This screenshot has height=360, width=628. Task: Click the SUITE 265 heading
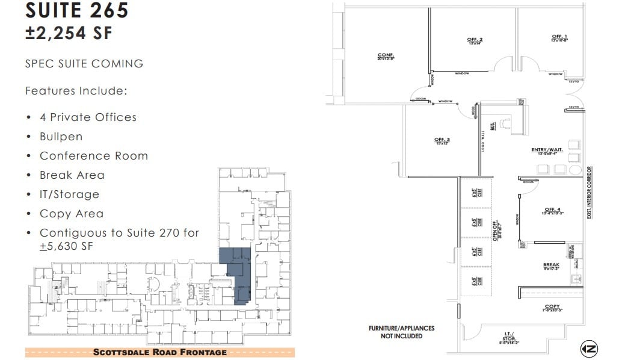[76, 10]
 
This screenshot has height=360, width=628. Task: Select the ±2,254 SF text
[69, 34]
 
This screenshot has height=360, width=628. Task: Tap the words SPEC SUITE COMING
[84, 63]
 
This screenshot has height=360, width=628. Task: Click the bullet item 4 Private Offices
[88, 117]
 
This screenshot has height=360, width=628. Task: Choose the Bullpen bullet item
[61, 137]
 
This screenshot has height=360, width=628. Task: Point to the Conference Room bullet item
[93, 156]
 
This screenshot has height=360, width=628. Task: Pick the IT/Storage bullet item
[69, 194]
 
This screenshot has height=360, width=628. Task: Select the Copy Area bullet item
[71, 214]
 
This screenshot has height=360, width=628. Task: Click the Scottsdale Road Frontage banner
[159, 352]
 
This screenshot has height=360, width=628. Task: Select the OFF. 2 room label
[475, 41]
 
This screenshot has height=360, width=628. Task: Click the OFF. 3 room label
[442, 141]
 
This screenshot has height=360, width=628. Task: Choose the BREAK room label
[551, 265]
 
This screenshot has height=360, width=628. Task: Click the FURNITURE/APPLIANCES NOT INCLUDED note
[401, 332]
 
